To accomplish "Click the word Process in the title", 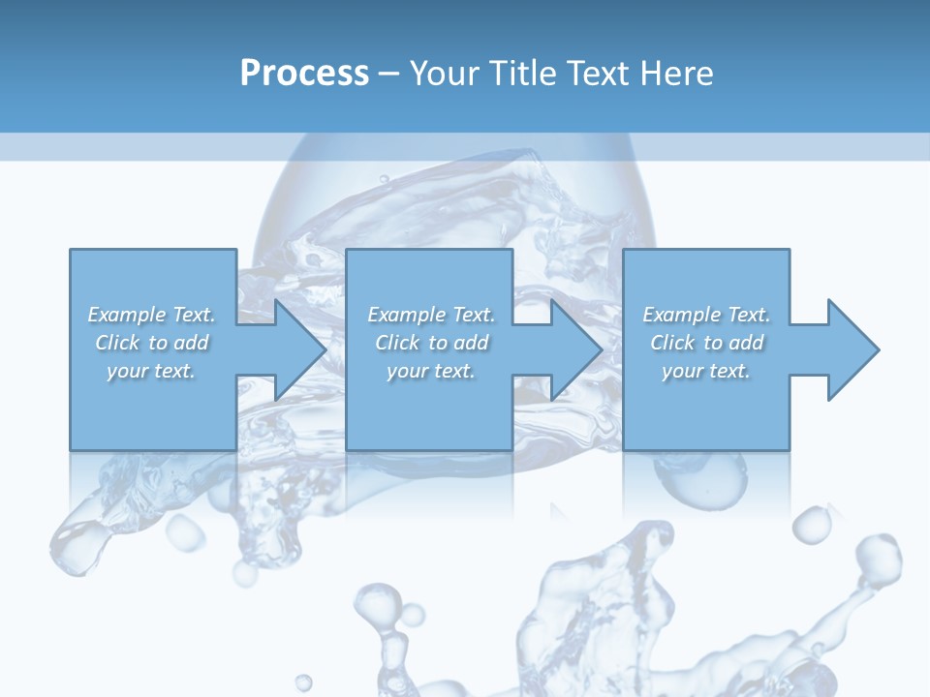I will point(304,74).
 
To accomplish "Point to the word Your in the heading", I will point(442,74).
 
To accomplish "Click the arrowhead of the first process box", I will point(300,349).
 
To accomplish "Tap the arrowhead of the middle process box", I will point(576,349).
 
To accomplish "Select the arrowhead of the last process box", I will point(852,349).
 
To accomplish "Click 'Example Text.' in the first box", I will point(152,315).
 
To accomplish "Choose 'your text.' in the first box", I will point(152,371).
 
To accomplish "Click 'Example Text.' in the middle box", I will point(431,315).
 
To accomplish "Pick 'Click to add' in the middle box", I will point(431,343).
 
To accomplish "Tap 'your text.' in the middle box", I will point(431,371).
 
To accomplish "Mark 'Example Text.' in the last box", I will point(706,315).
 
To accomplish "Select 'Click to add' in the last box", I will point(706,343).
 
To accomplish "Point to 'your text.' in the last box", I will point(706,371).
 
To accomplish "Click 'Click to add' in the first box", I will point(152,343).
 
